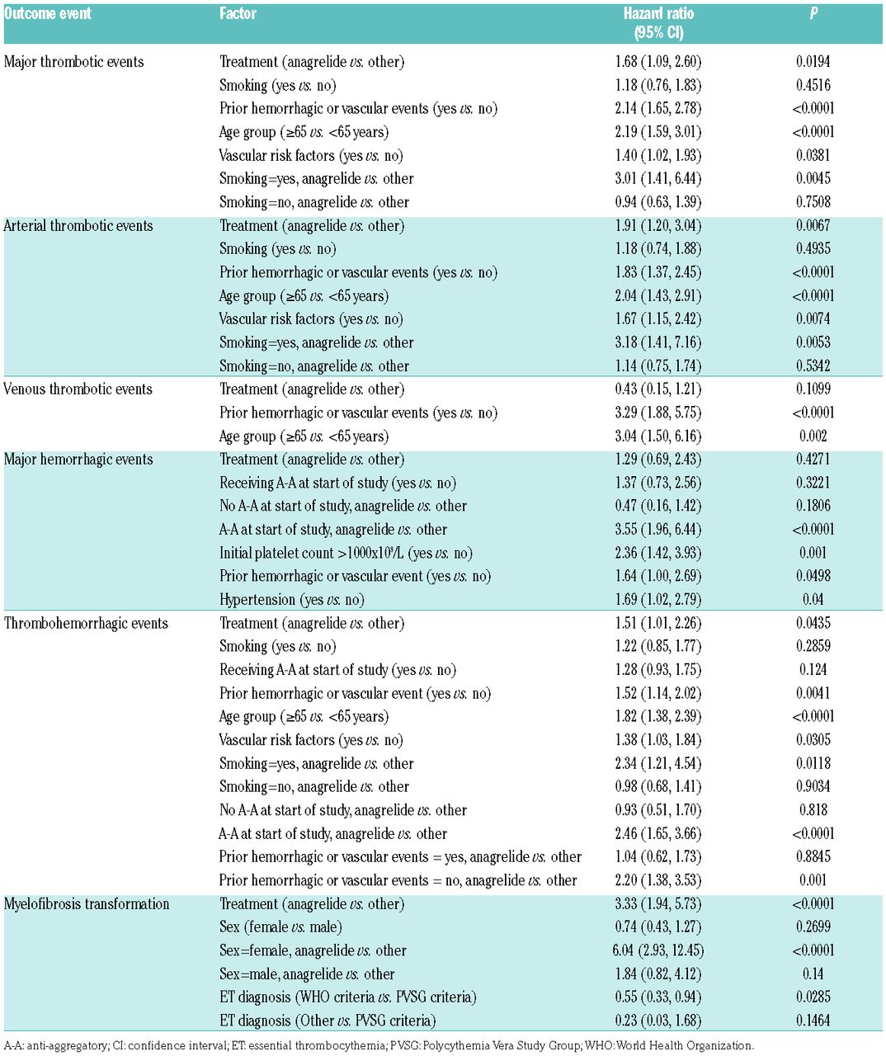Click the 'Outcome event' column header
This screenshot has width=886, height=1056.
48,14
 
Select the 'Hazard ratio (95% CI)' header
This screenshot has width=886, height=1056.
657,23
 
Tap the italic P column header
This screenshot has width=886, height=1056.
813,14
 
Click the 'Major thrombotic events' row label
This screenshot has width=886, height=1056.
73,62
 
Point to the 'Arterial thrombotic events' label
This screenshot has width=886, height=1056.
78,225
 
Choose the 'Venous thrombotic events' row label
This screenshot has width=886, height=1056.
78,389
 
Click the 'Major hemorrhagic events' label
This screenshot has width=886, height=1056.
78,459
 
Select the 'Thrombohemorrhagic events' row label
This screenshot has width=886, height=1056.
86,623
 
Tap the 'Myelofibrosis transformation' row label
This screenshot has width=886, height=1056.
87,903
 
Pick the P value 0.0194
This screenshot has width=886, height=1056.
813,62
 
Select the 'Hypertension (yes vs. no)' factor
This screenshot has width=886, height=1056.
291,600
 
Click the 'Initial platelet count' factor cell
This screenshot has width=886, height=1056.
346,553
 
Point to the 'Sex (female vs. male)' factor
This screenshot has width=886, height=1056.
280,927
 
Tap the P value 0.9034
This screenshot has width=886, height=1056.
813,786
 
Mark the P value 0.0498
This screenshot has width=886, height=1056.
813,576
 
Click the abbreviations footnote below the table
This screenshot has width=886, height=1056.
379,1046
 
